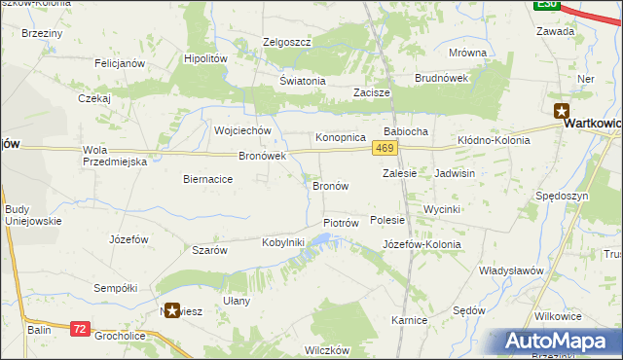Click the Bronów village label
(x=330, y=185)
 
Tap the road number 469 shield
(x=384, y=147)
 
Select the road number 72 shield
(x=81, y=331)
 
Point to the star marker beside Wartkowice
(x=562, y=111)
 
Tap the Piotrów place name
(x=341, y=223)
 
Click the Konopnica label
(x=340, y=138)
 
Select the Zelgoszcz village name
(x=286, y=42)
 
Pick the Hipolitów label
(x=205, y=58)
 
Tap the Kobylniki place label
(x=283, y=242)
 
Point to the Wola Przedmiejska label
(x=115, y=156)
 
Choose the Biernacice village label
(x=207, y=179)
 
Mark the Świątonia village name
(x=302, y=81)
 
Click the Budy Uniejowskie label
(x=33, y=215)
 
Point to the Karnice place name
(x=410, y=319)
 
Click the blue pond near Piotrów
(x=313, y=252)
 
